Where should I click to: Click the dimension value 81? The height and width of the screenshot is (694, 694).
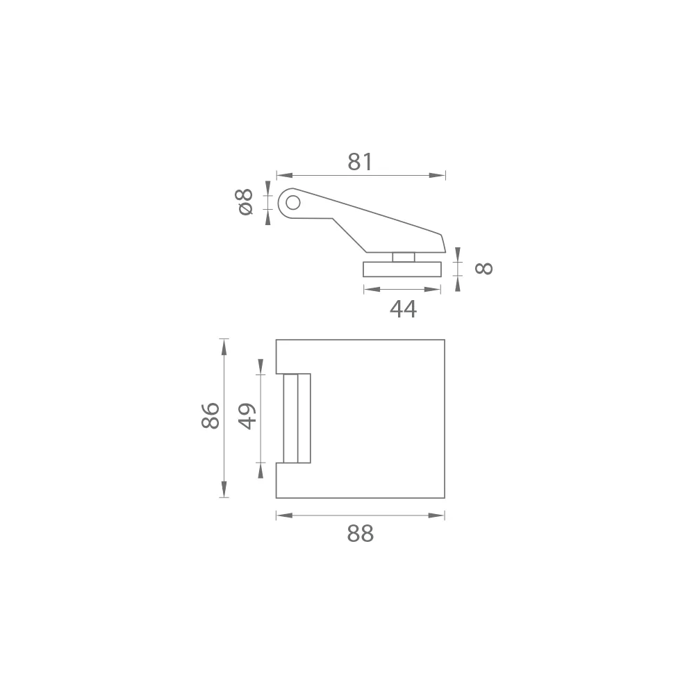[361, 162]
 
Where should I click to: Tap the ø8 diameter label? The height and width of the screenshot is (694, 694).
[246, 202]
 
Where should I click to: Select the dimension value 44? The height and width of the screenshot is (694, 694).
[403, 309]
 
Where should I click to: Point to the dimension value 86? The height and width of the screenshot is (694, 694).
[210, 415]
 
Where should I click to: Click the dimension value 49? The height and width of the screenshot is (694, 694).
[247, 417]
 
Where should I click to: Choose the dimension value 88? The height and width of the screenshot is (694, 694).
[361, 534]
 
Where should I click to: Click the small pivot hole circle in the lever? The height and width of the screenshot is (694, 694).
[293, 203]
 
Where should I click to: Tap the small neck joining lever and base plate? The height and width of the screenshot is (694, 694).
[404, 257]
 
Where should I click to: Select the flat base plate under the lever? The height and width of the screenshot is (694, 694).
[402, 269]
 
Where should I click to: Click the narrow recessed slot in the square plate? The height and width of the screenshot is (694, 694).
[297, 418]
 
